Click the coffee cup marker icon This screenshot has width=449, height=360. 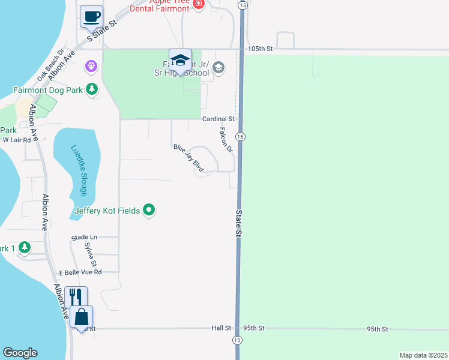pos(91,16)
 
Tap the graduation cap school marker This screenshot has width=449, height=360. pos(180,60)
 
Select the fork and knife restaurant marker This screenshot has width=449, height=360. pos(76,297)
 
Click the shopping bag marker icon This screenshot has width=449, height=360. pos(82,317)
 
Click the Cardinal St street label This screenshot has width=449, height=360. pos(217,119)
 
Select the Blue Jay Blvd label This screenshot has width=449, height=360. pos(188,159)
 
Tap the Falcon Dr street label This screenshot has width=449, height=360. pos(226,140)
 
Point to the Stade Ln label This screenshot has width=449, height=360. pos(84,238)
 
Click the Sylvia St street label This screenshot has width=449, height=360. pos(91,254)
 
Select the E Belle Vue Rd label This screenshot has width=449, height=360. pos(80,272)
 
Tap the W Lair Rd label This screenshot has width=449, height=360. pos(16,140)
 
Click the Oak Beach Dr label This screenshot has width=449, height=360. pos(50,65)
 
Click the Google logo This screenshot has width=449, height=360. pos(20,353)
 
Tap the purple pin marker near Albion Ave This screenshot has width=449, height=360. pos(91,65)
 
